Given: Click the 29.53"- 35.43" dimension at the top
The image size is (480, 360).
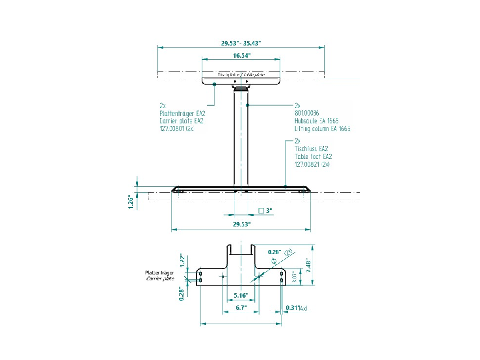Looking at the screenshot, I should [241, 43].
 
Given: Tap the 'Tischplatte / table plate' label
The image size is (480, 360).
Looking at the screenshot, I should [241, 75].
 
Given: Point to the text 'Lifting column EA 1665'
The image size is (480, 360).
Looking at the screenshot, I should [322, 129].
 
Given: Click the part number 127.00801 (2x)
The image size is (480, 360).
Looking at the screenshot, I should [177, 129].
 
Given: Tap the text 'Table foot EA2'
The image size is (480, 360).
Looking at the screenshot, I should [313, 157].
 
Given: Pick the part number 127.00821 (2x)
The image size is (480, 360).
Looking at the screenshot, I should [312, 164].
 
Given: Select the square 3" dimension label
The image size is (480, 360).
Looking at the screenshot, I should [265, 210].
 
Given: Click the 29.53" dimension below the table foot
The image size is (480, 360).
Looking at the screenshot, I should [241, 224].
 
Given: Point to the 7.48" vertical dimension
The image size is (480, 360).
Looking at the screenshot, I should [308, 265].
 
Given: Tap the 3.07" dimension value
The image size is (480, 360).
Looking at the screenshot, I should [295, 276].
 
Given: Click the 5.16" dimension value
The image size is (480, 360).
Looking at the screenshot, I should [240, 295].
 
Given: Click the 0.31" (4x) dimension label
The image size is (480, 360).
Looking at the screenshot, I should [296, 308].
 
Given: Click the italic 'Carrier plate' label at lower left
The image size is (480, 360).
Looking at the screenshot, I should [160, 279].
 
